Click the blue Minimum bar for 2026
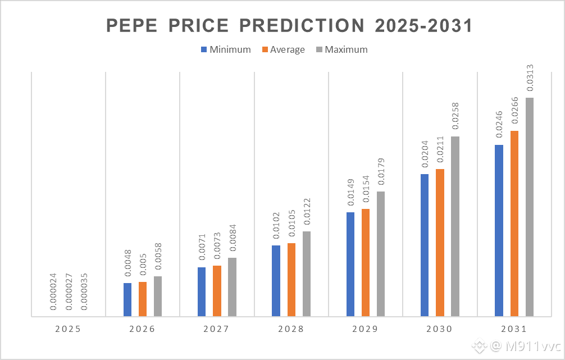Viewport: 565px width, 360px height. click(127, 300)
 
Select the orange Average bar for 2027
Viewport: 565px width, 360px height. click(217, 291)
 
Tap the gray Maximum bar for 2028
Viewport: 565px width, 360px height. click(307, 274)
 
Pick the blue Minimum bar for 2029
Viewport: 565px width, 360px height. click(350, 265)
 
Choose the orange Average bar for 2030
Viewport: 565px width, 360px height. click(440, 243)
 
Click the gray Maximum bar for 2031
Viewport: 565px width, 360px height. click(530, 207)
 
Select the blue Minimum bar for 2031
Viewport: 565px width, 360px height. click(499, 231)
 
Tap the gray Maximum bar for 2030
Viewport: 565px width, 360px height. click(455, 227)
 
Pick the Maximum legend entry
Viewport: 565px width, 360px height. click(341, 49)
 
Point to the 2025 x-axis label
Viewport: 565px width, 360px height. click(68, 329)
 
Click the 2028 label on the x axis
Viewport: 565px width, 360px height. click(291, 329)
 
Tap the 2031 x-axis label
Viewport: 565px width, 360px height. click(514, 329)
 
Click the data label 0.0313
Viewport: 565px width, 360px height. click(530, 78)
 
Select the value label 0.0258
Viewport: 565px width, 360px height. click(455, 117)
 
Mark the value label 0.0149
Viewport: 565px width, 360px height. click(350, 193)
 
